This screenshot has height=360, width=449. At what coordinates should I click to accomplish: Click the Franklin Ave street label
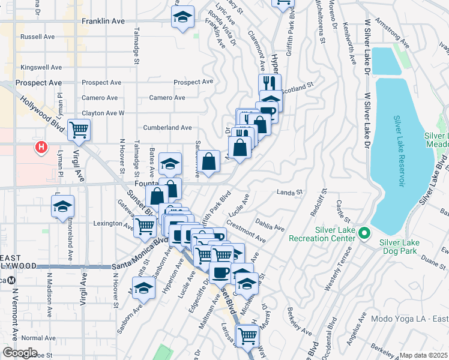(103, 21)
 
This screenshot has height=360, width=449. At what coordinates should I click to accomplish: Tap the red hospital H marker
(41, 146)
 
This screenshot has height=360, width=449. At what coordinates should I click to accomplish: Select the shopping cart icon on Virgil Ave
(79, 129)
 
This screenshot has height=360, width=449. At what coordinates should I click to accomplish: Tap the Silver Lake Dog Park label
(406, 242)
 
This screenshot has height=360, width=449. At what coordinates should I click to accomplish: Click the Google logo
(20, 353)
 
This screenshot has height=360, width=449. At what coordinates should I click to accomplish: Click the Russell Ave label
(37, 37)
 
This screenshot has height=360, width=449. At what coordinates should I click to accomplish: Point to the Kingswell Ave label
(41, 68)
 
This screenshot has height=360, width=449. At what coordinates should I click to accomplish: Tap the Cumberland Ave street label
(167, 128)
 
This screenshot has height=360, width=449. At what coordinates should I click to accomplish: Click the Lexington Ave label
(112, 223)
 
